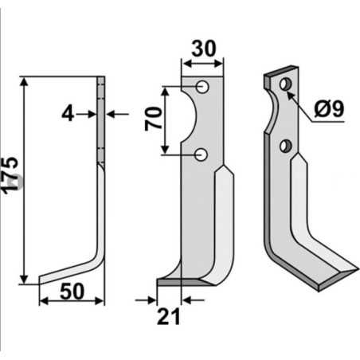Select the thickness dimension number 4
(x=68, y=115)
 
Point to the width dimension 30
(x=204, y=47)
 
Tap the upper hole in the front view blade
(x=204, y=86)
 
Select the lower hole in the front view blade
(x=204, y=154)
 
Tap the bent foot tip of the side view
(x=41, y=279)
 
